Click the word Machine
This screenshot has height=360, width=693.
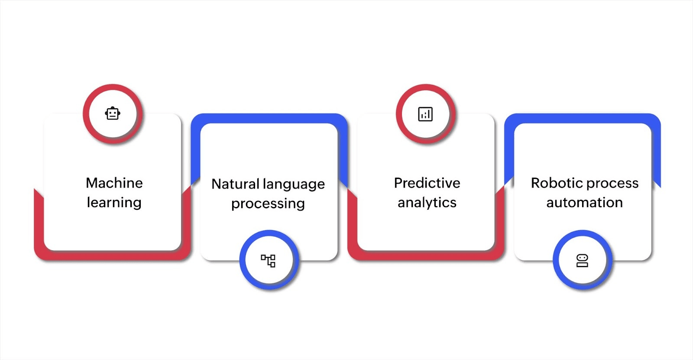pos(114,183)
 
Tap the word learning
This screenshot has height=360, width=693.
pos(114,203)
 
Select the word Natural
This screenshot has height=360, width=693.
pos(235,184)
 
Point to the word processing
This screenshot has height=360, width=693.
pos(268,204)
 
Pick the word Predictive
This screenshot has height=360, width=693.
pos(427,183)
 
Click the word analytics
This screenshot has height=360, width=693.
pos(427,203)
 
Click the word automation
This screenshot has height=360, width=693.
pos(584,203)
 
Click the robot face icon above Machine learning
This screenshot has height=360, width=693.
pos(113,114)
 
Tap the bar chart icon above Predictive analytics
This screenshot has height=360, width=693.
pos(425,114)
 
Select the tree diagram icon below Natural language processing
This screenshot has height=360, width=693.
pos(268,260)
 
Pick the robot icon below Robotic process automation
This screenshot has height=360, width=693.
pos(582,260)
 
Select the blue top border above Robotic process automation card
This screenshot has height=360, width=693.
pos(583,118)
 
